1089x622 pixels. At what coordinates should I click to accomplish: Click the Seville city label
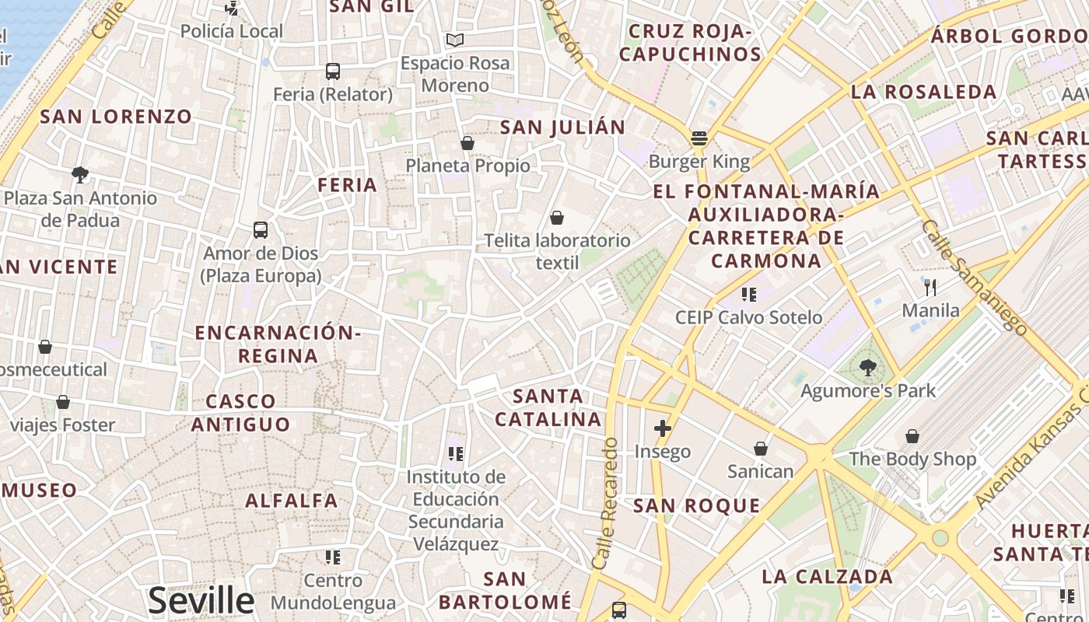201,600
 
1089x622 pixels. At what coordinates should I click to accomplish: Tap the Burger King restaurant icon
699,139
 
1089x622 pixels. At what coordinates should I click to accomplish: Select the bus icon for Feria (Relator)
333,72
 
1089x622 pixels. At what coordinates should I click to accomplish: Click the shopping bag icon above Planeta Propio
467,143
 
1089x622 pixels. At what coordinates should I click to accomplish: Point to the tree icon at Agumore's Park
868,367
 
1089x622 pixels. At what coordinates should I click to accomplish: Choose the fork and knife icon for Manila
930,287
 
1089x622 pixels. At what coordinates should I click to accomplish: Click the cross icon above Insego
663,428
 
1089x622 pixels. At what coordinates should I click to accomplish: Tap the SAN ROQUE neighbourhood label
696,506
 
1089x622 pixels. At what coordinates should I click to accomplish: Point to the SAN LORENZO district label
116,117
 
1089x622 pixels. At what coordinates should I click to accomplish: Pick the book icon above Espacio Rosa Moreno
455,40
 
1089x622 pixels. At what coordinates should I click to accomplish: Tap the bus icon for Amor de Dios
261,230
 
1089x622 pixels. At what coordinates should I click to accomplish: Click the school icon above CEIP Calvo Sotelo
748,295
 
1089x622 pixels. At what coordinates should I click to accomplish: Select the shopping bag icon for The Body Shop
912,436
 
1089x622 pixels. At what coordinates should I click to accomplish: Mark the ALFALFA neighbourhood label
292,501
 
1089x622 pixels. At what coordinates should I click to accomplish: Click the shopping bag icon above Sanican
761,449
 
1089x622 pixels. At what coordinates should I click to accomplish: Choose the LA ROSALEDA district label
923,92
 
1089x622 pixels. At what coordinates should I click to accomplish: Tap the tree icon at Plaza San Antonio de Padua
79,174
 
